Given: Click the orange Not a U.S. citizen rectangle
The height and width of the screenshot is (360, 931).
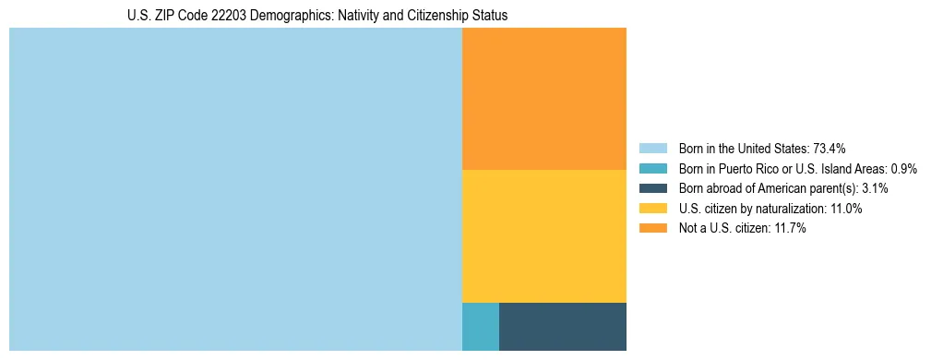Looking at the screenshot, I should pos(543,99).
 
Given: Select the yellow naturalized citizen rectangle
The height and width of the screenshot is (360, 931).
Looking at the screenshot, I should pos(543,235).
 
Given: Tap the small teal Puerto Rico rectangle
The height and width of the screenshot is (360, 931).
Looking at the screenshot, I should pos(480,326).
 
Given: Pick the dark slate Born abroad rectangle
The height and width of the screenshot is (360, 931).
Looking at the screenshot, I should pos(562,326).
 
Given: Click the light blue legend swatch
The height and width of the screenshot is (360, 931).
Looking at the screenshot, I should pos(652,149).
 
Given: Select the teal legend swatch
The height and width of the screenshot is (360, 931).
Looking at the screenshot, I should pos(652,169).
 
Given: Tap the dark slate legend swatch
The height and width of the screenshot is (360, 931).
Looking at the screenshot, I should pos(652,188).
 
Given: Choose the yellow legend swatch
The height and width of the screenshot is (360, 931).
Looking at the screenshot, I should pos(652,209).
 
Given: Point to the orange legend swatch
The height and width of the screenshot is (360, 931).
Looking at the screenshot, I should pos(652,228).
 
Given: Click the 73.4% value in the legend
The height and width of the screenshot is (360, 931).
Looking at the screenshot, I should pos(829,149).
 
